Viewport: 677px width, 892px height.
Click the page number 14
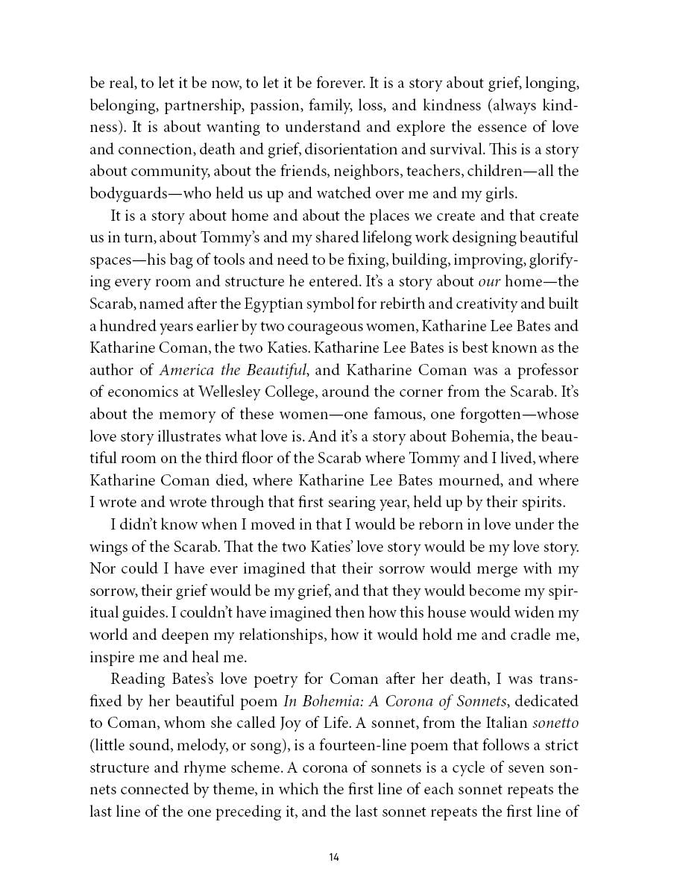(334, 857)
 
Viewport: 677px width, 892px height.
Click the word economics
(142, 392)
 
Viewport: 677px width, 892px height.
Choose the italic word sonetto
(555, 723)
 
